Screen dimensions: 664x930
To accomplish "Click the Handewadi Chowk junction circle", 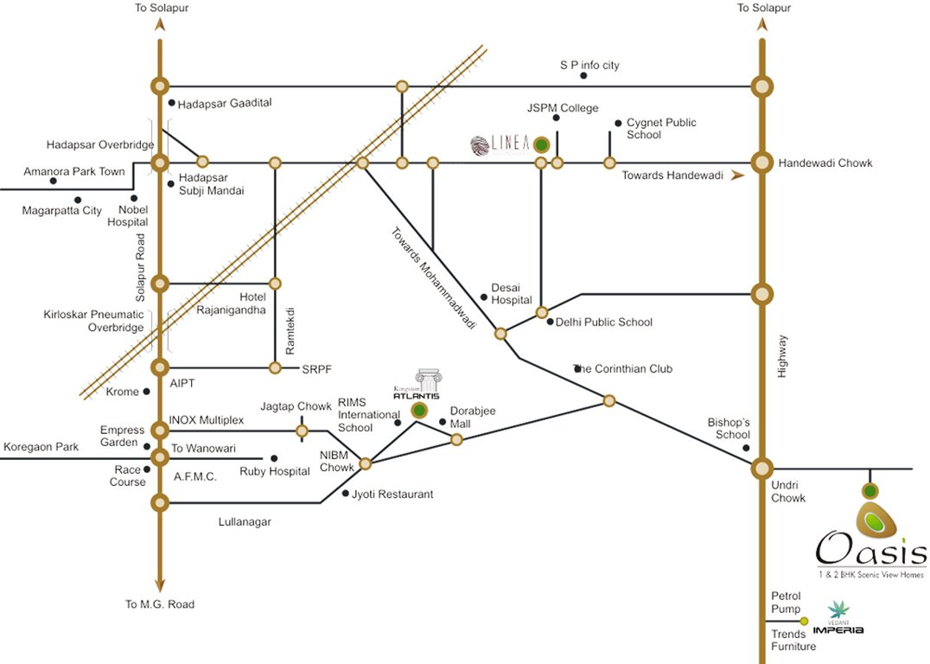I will [x=761, y=163].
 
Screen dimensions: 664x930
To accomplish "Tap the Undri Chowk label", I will [x=788, y=491].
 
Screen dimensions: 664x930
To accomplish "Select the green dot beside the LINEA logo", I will [x=541, y=144].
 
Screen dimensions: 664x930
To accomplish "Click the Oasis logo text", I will [x=871, y=548].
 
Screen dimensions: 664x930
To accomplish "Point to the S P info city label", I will [x=589, y=65].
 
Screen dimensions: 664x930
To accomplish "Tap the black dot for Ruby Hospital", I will [x=274, y=458].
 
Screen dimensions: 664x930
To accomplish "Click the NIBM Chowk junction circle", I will [x=365, y=464].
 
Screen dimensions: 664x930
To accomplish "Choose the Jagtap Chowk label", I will [x=296, y=406].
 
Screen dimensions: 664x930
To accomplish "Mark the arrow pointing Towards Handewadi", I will [x=737, y=176].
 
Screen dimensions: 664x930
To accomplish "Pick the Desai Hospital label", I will [x=512, y=293].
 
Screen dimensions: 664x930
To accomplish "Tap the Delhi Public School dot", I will [x=550, y=322].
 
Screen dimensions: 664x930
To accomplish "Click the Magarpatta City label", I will [x=62, y=210].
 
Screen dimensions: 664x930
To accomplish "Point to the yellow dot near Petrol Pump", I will [x=804, y=621].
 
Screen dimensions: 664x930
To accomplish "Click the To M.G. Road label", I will [x=160, y=604].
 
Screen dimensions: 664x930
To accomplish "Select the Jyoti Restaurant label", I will [x=392, y=495].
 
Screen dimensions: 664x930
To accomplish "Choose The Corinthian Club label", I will [x=623, y=368].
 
